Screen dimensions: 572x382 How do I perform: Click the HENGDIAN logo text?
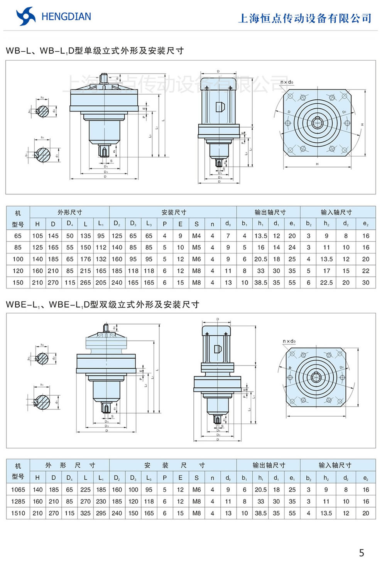[x=66, y=17]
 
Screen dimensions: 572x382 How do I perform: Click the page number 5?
[x=361, y=553]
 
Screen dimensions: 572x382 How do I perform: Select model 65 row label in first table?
[x=18, y=236]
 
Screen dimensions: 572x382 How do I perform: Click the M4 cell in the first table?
[x=196, y=236]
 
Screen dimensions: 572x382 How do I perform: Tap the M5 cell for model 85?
[x=196, y=247]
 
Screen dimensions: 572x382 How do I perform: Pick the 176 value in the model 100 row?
[x=85, y=259]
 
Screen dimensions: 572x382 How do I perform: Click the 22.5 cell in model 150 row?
[x=326, y=282]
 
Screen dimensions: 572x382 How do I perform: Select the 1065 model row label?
[x=18, y=489]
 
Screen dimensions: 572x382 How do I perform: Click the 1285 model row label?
[x=18, y=501]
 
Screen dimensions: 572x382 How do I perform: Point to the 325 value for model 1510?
[x=85, y=513]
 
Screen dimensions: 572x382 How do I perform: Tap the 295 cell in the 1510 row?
[x=101, y=513]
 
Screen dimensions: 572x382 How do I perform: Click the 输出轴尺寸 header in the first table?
[x=270, y=212]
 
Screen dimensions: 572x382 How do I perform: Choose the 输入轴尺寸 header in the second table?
[x=335, y=465]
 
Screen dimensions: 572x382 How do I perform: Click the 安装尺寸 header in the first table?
[x=174, y=212]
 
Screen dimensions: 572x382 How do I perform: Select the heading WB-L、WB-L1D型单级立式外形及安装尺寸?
[x=95, y=51]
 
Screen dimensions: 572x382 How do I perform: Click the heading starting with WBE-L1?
[x=103, y=304]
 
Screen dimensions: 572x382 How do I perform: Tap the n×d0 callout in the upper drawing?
[x=287, y=82]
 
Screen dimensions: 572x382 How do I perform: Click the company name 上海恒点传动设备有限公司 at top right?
[x=305, y=18]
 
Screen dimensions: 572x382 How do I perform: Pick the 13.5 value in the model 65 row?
[x=260, y=236]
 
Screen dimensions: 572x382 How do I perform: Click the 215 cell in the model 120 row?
[x=85, y=271]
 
